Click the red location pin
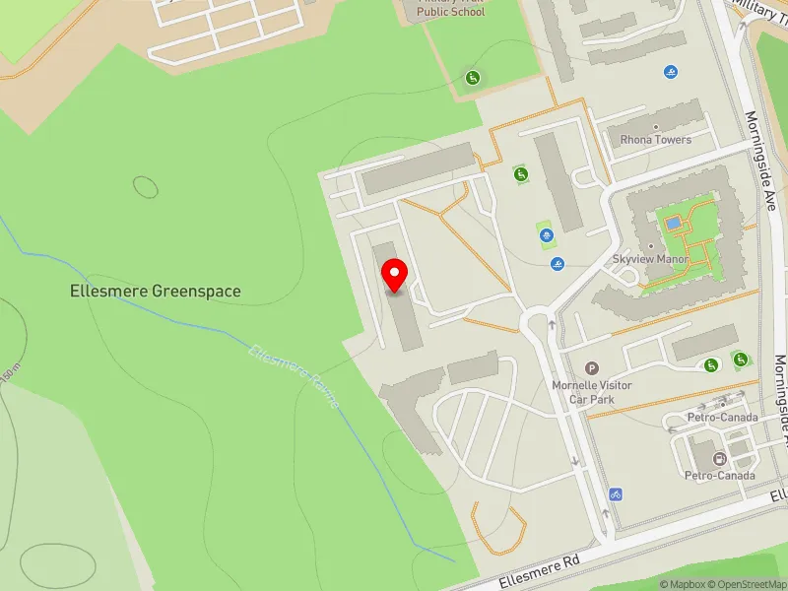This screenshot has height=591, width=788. [395, 275]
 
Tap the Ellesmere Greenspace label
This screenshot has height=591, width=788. [156, 292]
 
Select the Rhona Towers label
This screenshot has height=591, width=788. [655, 140]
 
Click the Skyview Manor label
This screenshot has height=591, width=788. [650, 258]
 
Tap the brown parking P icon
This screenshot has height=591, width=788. [592, 367]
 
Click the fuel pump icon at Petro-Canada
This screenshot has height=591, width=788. [719, 459]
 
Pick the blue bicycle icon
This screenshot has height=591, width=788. [616, 493]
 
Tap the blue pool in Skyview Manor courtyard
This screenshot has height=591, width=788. [673, 224]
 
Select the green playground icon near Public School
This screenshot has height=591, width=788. [473, 78]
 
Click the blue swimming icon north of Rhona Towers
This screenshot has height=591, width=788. [671, 72]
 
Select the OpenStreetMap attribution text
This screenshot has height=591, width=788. [751, 584]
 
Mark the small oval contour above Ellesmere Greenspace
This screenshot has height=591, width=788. [146, 185]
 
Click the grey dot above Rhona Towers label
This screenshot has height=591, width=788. [656, 127]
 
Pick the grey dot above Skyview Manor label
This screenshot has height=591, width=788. [650, 246]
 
